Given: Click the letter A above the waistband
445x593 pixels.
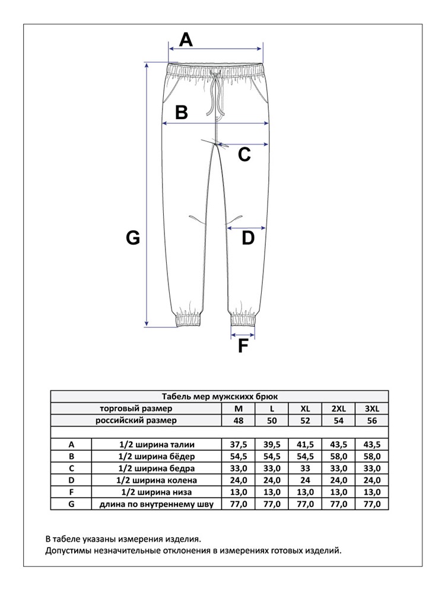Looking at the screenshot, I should tap(186, 40).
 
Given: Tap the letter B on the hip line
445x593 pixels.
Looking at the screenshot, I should tap(182, 112).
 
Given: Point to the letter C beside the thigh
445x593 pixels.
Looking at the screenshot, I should tap(244, 155).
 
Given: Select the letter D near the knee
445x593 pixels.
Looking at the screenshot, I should tap(247, 238).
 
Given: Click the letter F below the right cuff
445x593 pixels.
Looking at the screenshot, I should tap(242, 346).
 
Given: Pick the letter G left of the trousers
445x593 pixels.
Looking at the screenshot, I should tap(133, 238).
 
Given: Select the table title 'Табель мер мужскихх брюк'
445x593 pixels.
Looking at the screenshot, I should tap(220, 397).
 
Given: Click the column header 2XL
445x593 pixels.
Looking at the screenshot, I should tap(338, 409).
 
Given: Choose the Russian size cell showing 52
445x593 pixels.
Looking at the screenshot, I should tap(305, 421).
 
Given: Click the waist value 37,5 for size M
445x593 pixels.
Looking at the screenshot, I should tap(239, 445).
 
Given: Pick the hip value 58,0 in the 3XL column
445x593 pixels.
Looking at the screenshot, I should tap(372, 457).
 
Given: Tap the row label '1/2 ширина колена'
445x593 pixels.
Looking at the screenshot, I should tap(158, 480).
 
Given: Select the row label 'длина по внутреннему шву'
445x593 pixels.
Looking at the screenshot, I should tap(158, 504).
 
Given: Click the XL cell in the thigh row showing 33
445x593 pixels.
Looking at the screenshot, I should tap(305, 468).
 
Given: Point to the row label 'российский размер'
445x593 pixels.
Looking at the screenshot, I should tap(136, 421).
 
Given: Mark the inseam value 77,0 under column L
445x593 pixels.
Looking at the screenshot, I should tap(272, 504).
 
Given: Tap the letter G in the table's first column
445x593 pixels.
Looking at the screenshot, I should tap(71, 504).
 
